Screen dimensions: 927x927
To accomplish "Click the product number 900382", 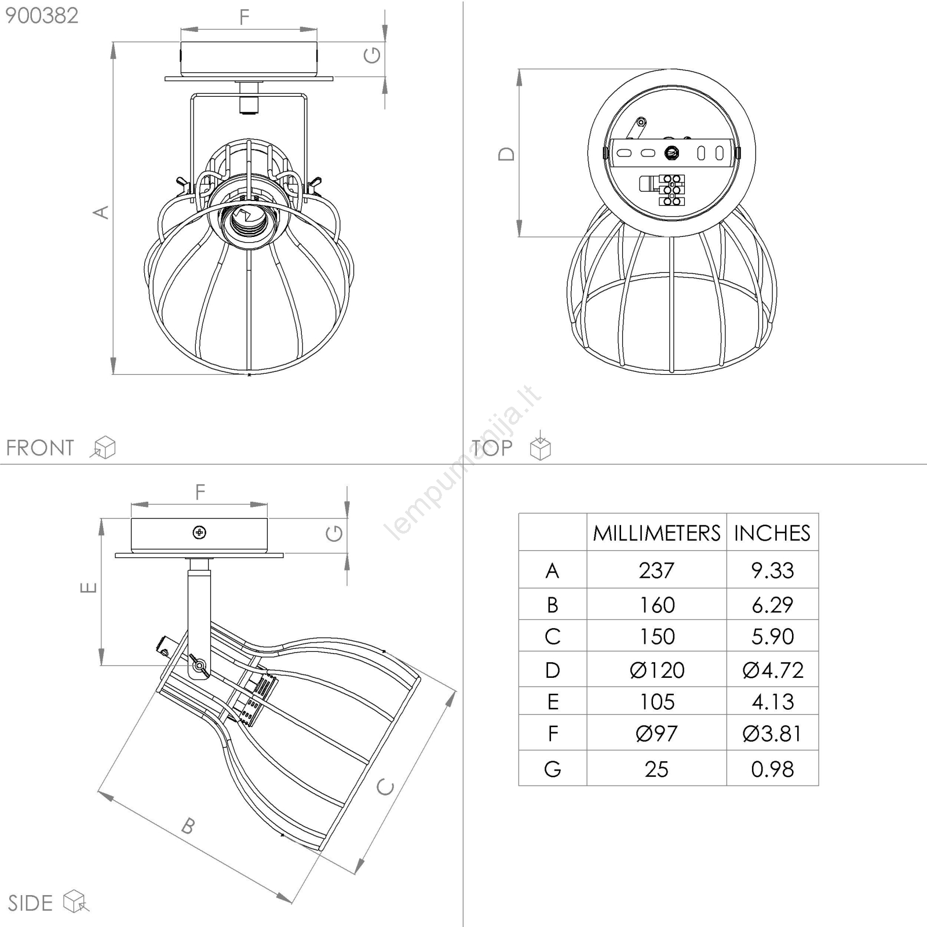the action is (42, 16).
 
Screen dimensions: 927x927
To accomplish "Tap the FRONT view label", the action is (40, 448).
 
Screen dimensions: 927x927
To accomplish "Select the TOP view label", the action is (492, 448).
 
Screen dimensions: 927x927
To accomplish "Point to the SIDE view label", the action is (30, 903).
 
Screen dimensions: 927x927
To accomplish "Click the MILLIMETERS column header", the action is (656, 533).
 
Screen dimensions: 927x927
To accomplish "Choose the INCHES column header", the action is (772, 533).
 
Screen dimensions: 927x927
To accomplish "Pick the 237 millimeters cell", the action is (656, 571).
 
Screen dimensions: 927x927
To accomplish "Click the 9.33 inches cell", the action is (772, 571).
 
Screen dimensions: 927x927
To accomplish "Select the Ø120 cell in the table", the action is (657, 670).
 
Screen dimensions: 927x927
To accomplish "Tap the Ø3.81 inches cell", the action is (772, 734).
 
